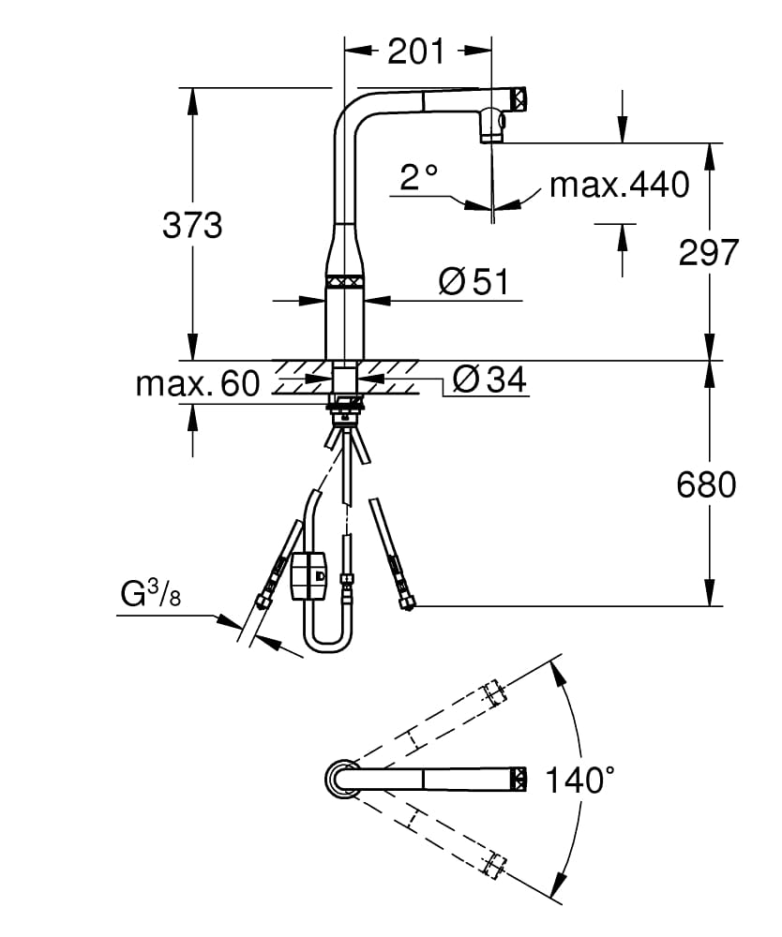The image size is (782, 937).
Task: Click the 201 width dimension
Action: point(416,52)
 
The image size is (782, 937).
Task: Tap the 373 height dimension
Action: point(192,226)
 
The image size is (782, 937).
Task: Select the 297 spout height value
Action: point(710,252)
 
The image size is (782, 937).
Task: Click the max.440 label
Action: point(619,185)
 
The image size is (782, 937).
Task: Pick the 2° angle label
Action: point(418,176)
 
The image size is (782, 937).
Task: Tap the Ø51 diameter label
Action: point(478,281)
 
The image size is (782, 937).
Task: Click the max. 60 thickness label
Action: point(197,384)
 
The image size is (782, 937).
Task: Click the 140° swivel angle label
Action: point(580,780)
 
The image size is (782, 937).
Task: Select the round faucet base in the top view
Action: point(341,779)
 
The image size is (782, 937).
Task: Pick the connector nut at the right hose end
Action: point(407,601)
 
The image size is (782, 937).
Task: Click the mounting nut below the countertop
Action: point(345,405)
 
